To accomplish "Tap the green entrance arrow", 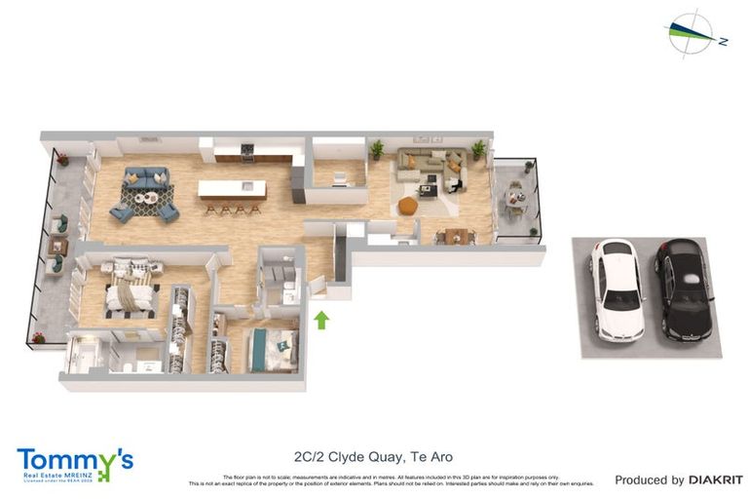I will (x=321, y=320).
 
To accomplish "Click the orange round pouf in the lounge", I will (x=408, y=206).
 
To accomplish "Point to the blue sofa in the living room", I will (x=145, y=179).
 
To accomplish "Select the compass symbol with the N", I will (x=696, y=34).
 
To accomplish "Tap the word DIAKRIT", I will (x=716, y=480).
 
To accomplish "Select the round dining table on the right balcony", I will (x=513, y=199).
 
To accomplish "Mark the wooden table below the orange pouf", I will (x=455, y=235).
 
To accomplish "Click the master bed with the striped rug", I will (x=129, y=292).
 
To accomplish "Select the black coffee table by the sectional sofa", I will (x=428, y=188).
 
